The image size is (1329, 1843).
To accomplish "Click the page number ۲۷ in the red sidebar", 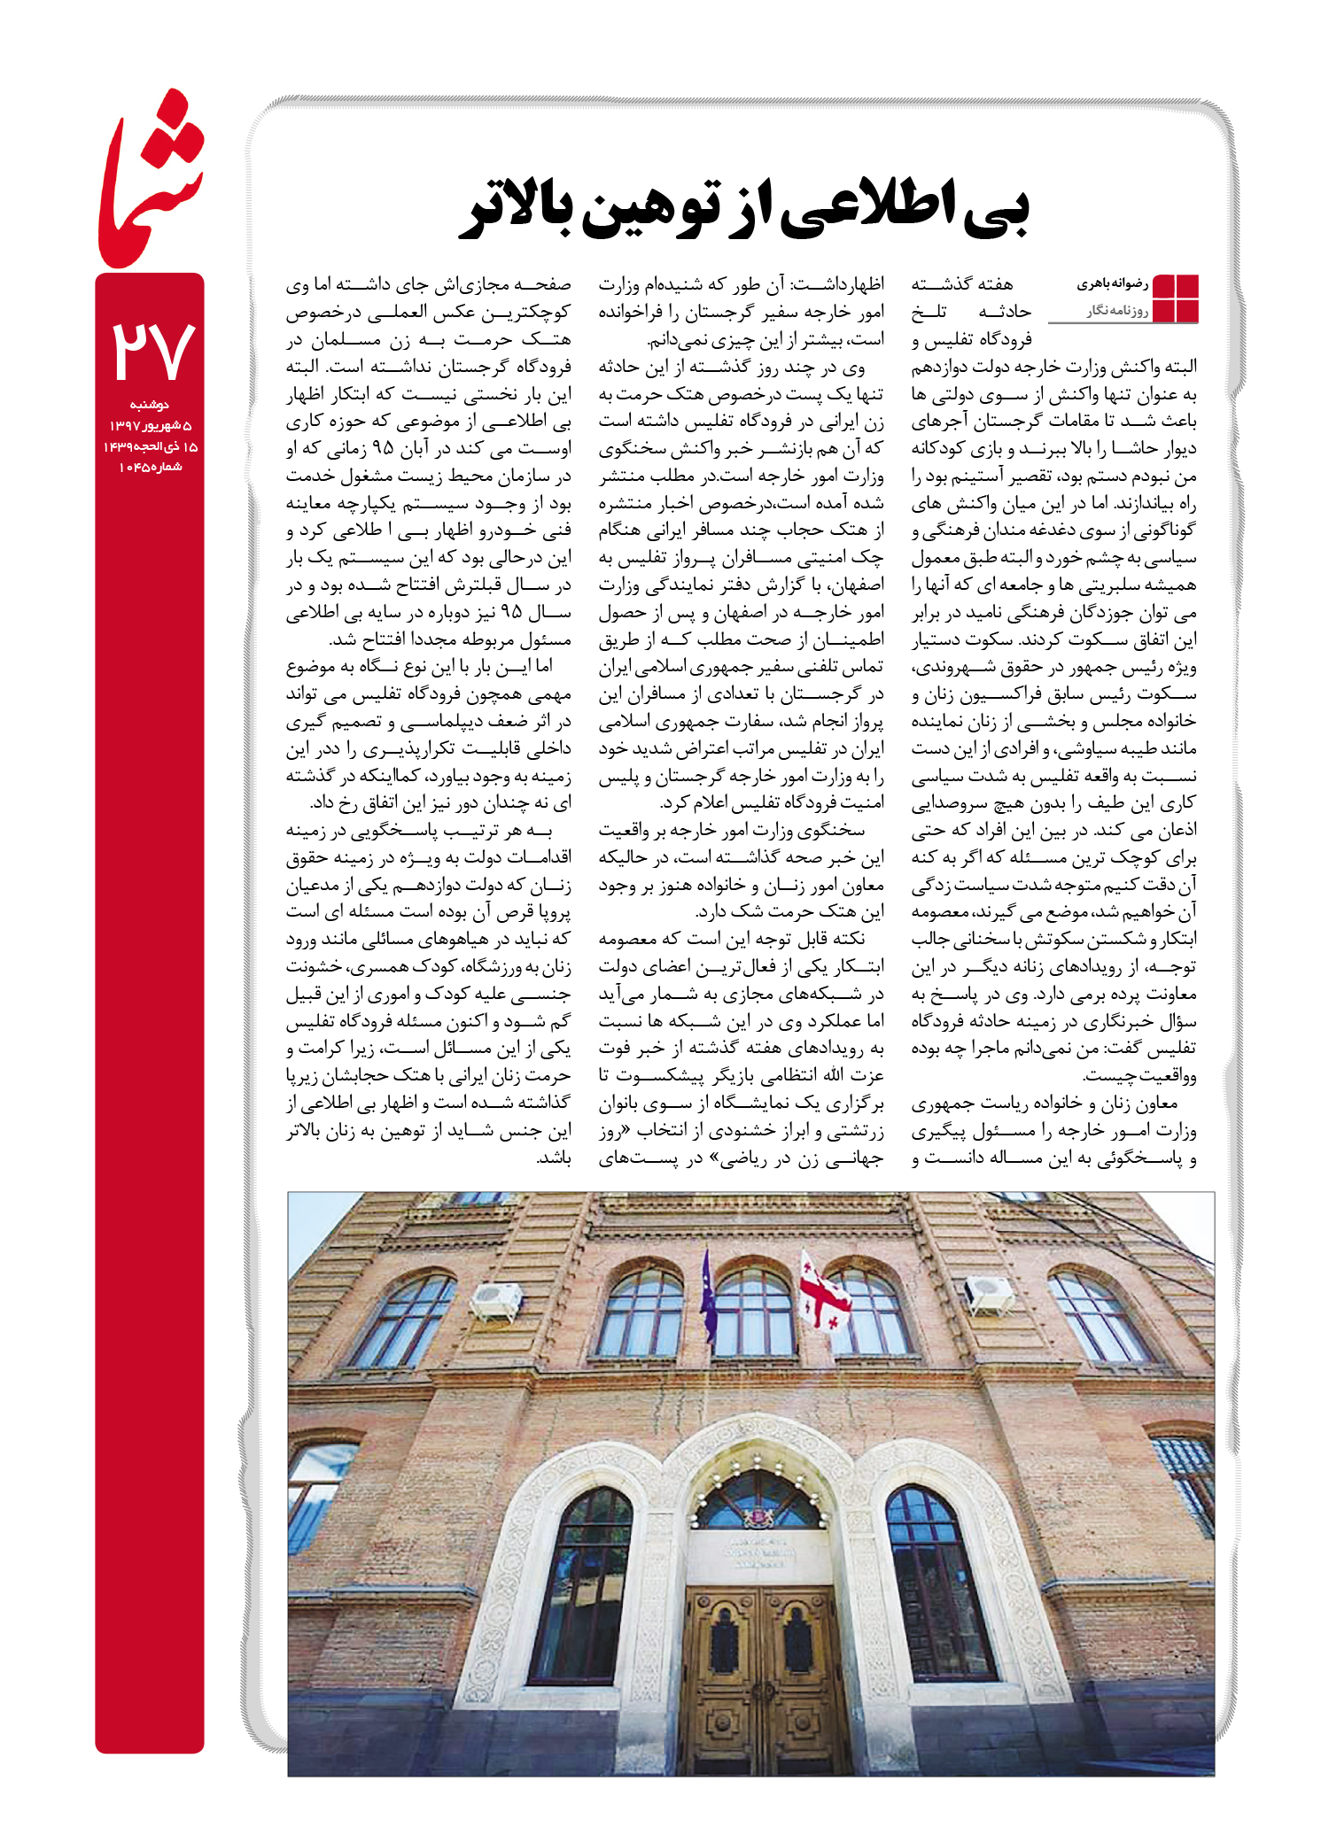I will click(x=152, y=350).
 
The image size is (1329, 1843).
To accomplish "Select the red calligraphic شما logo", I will click(x=150, y=182).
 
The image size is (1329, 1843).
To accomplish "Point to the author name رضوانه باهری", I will click(x=1112, y=284).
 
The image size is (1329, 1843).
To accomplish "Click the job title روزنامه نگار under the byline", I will click(x=1118, y=311).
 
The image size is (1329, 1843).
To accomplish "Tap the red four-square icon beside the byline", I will click(x=1175, y=298).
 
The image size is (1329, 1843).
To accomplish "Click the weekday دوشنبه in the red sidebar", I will click(x=149, y=405).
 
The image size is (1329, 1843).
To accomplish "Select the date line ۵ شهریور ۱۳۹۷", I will click(x=150, y=426).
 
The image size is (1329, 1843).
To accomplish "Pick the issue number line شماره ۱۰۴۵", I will click(x=150, y=467).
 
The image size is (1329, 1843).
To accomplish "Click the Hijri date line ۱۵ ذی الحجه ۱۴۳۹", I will click(x=150, y=446).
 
